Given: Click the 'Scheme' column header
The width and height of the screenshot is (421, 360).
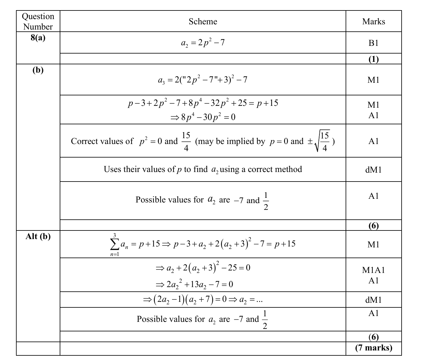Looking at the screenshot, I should [203, 22].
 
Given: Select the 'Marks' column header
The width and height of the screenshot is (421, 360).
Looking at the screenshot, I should [374, 22].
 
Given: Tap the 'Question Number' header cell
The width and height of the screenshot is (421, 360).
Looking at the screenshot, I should [38, 22].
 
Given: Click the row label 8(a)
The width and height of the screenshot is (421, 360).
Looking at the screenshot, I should [38, 38].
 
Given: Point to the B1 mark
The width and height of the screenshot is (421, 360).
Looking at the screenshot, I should [373, 43].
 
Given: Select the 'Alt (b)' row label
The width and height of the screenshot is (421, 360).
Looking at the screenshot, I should [38, 236].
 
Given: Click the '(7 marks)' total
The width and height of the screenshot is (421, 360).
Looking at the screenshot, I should [374, 348].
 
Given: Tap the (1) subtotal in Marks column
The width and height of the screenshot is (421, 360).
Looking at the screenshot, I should [374, 59].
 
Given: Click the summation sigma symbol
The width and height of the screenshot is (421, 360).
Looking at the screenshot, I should [114, 245].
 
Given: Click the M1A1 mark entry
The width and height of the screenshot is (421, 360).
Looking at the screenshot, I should [373, 270].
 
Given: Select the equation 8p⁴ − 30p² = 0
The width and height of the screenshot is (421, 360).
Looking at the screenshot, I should [203, 117].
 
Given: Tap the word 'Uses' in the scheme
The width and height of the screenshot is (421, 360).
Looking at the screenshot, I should [112, 169].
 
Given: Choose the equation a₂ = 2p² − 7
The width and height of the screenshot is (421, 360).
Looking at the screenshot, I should [203, 43].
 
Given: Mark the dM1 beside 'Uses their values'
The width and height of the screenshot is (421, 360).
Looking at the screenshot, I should [373, 170].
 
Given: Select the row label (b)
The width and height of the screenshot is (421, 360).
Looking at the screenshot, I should [38, 70].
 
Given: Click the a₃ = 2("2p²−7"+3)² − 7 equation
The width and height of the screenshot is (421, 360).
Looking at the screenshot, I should [202, 80].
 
